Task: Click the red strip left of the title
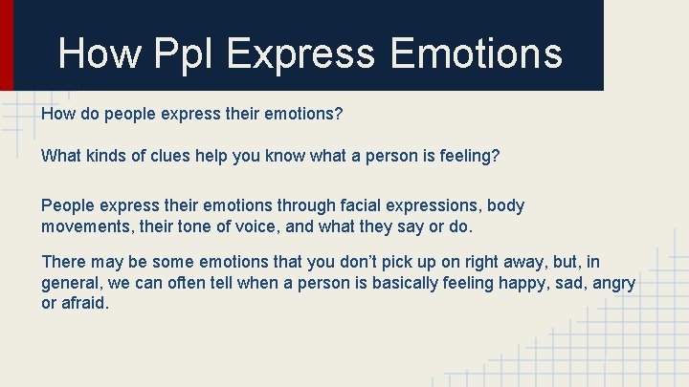tap(6, 44)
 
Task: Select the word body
tap(505, 205)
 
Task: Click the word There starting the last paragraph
tap(64, 262)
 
